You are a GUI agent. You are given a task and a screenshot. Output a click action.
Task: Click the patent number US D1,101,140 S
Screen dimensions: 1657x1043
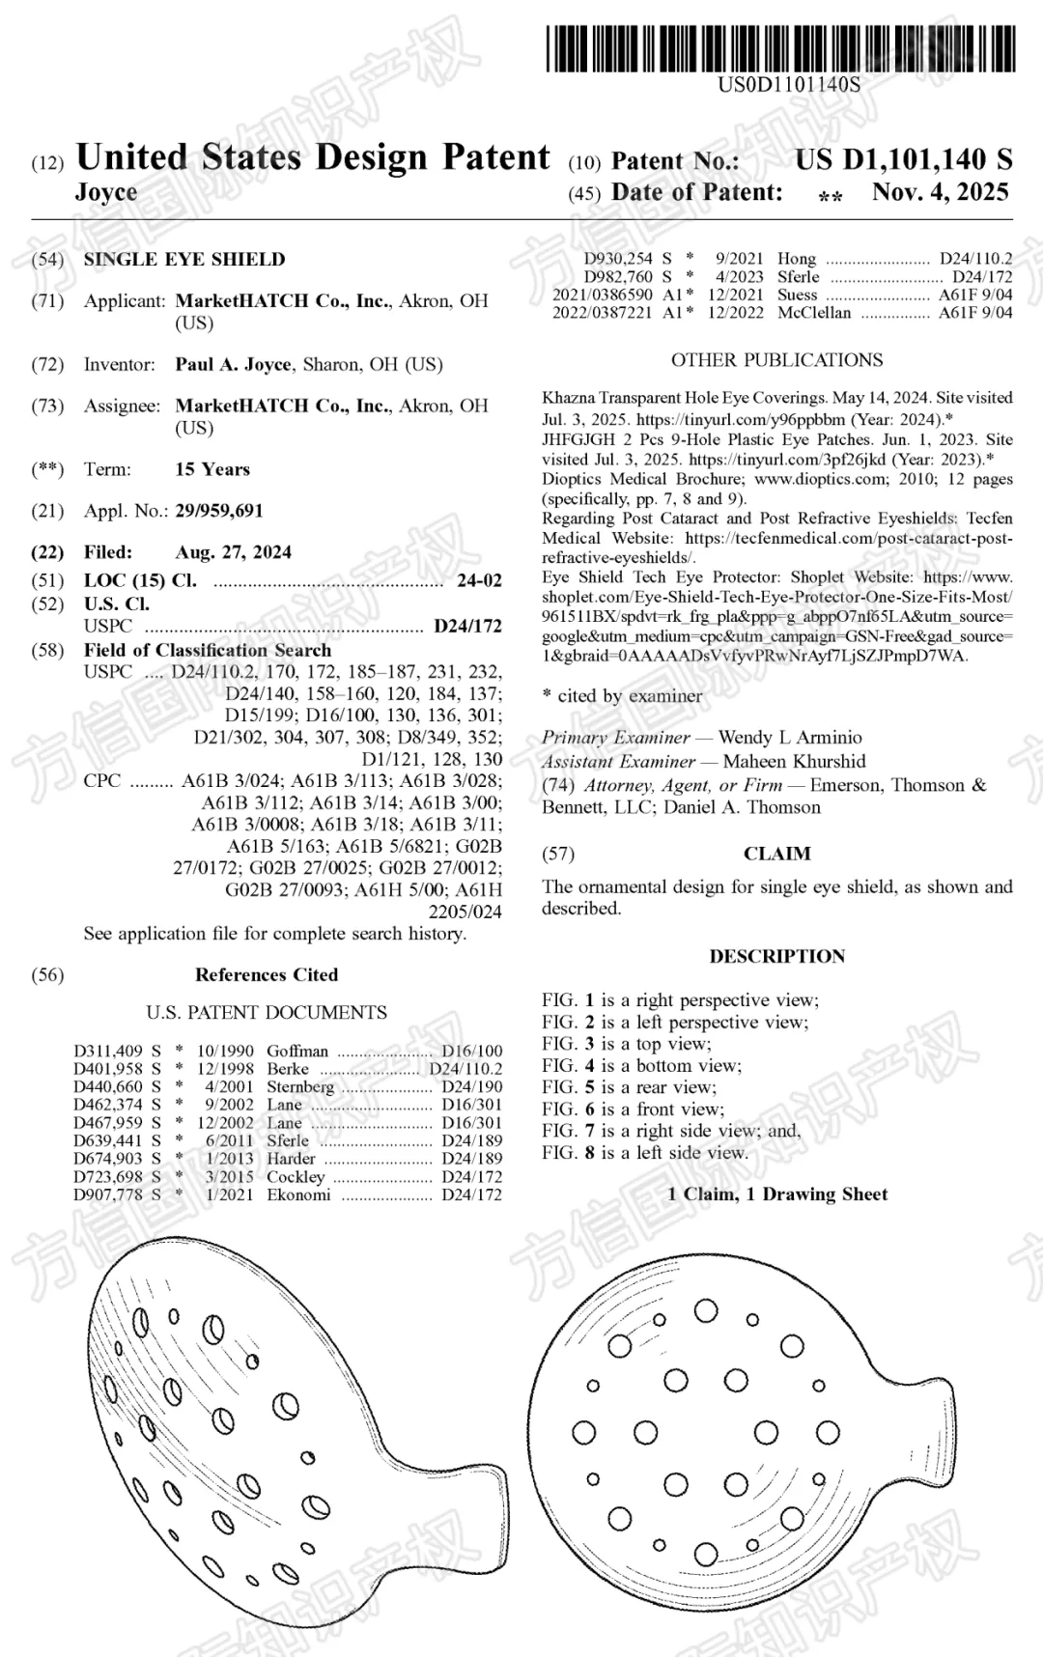tap(904, 159)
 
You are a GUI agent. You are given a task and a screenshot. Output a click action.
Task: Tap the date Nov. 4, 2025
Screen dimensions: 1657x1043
tap(940, 191)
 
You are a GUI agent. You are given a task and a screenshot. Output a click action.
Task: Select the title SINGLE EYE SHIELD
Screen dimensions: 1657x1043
tap(184, 259)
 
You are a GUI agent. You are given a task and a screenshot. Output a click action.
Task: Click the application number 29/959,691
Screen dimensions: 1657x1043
tap(219, 510)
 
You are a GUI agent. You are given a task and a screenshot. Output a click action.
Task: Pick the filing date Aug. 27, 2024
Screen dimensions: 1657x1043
tap(233, 551)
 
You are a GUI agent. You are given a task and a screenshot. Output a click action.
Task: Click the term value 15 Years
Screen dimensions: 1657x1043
tap(212, 469)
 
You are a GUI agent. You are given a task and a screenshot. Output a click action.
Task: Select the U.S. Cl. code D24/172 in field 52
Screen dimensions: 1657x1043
tap(467, 626)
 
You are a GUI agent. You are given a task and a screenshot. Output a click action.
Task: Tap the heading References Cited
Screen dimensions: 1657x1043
tap(267, 974)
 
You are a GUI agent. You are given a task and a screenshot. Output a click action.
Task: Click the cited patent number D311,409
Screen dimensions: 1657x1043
tap(108, 1051)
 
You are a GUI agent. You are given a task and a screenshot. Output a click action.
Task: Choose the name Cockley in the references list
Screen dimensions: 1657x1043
tap(296, 1176)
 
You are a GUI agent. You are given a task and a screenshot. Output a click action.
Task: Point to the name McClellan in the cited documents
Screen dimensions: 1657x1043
tap(814, 313)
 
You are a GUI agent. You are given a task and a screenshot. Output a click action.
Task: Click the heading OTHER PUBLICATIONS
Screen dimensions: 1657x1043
tap(776, 359)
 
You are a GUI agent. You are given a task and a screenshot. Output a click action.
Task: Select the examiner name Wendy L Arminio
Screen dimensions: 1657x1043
tap(790, 737)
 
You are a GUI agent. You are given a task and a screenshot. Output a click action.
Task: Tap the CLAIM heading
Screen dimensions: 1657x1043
tap(776, 853)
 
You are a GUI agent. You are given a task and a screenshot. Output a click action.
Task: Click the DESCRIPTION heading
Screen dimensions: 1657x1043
tap(776, 956)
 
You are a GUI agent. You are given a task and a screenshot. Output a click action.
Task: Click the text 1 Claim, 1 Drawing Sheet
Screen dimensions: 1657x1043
tap(776, 1194)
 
